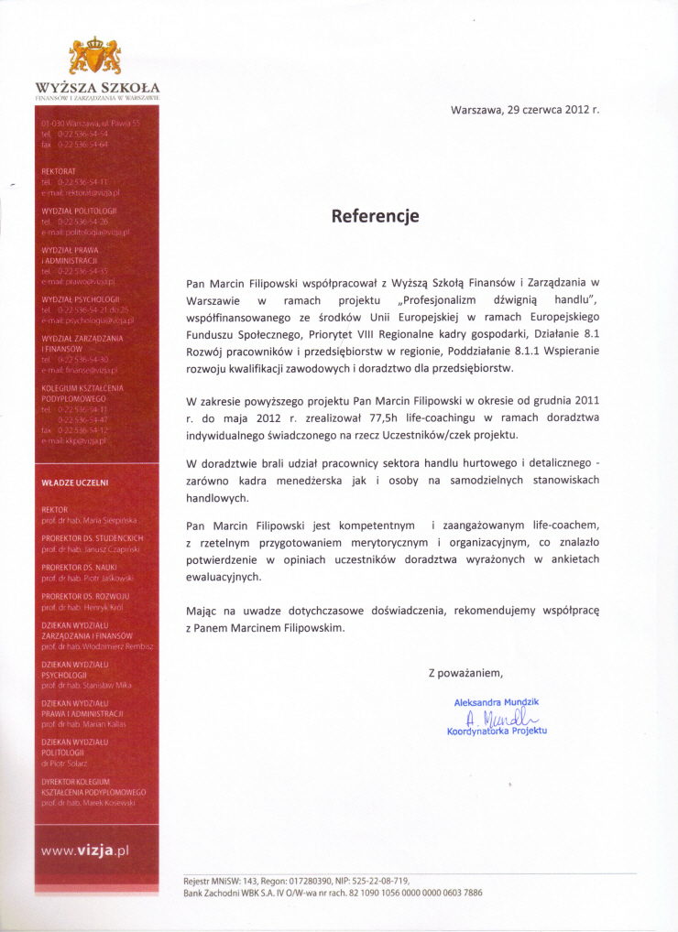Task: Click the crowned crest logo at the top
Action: (x=94, y=57)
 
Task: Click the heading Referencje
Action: (x=375, y=216)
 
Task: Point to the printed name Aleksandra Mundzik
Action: (x=496, y=702)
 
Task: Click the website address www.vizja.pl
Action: (x=85, y=850)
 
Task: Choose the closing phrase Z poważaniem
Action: (x=465, y=673)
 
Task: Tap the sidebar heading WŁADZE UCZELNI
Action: (x=75, y=482)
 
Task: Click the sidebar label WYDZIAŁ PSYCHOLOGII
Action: (x=81, y=298)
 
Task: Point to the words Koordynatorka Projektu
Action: (x=496, y=731)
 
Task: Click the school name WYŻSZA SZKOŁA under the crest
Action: (x=97, y=88)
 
